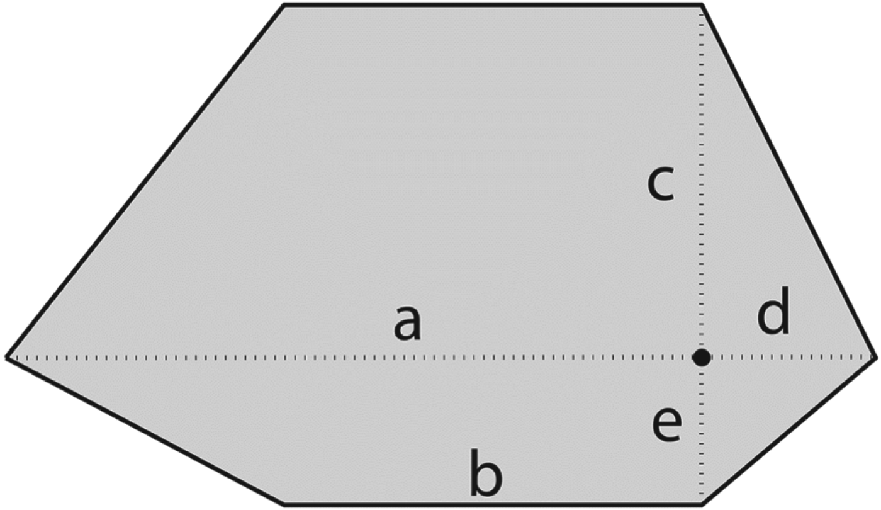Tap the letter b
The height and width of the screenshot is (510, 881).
[x=486, y=479]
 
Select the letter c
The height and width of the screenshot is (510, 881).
[x=661, y=186]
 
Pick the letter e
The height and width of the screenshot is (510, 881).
[x=666, y=426]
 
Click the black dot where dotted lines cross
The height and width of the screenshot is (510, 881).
[x=701, y=358]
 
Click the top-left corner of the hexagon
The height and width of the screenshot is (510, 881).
[x=284, y=6]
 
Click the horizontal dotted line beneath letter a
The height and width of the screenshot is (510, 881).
[x=407, y=358]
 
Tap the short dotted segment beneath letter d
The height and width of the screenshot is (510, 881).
[x=787, y=358]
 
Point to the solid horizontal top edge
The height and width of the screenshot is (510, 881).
[x=491, y=6]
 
